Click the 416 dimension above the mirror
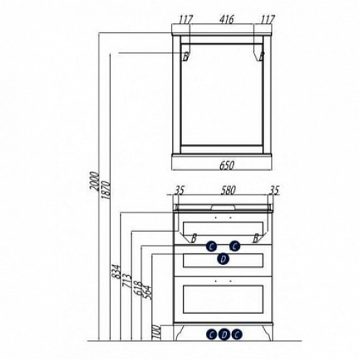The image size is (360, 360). click(x=226, y=19)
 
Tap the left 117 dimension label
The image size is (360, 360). click(x=186, y=19)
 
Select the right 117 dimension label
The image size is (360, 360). click(x=267, y=19)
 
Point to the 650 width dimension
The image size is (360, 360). click(x=227, y=166)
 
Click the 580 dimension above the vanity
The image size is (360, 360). click(x=228, y=190)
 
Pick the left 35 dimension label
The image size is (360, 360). click(x=179, y=190)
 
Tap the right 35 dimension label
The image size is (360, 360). click(x=274, y=190)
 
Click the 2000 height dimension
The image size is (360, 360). click(x=94, y=181)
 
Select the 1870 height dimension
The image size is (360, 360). click(x=106, y=190)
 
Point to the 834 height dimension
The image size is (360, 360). click(x=116, y=271)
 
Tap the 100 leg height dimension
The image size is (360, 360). click(x=156, y=332)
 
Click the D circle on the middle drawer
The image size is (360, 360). click(x=223, y=259)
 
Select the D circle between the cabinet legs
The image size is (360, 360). click(x=224, y=334)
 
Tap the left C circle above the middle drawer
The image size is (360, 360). click(x=211, y=246)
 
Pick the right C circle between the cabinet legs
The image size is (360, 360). click(x=237, y=334)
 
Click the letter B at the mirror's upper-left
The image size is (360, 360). click(x=186, y=57)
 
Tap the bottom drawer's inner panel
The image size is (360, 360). click(x=223, y=299)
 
